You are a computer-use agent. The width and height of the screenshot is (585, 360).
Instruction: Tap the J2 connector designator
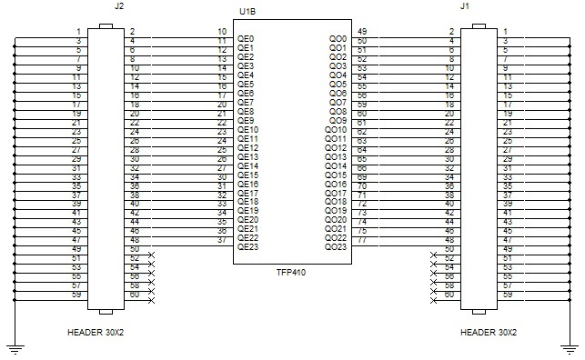tap(119, 6)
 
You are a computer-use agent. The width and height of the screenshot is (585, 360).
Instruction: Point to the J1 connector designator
tap(465, 6)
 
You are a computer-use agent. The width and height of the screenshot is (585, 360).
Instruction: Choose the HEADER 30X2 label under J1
tap(489, 331)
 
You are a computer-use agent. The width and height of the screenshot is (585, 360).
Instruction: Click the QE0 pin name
tap(245, 39)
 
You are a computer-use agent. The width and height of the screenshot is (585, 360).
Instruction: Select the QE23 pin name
tap(247, 246)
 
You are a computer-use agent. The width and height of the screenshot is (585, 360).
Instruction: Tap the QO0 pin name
tap(336, 39)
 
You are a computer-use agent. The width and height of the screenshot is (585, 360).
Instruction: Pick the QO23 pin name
tap(335, 247)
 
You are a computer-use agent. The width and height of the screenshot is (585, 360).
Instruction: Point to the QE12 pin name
tap(247, 148)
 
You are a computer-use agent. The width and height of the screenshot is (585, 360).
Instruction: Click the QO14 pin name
tap(335, 166)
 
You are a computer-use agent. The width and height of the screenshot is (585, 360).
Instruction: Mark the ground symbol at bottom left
tap(14, 345)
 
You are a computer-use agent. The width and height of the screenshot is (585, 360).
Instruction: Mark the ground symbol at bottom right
tap(570, 345)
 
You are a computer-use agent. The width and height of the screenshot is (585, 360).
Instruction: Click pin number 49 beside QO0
tap(362, 32)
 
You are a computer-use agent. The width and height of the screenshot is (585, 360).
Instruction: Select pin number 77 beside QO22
tap(362, 240)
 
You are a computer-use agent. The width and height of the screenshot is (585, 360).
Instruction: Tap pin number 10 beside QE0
tap(222, 32)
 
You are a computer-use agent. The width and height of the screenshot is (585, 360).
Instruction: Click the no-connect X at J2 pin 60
tap(151, 299)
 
